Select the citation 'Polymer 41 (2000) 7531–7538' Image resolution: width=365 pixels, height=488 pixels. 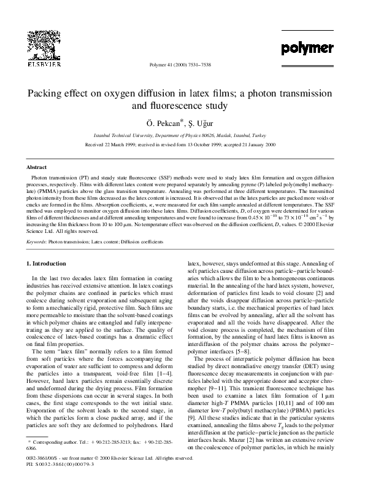coord(182,65)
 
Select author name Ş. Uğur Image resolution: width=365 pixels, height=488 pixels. coord(200,123)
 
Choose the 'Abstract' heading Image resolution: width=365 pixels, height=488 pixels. coord(36,167)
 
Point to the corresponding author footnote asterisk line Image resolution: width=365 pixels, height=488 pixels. coord(98,459)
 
